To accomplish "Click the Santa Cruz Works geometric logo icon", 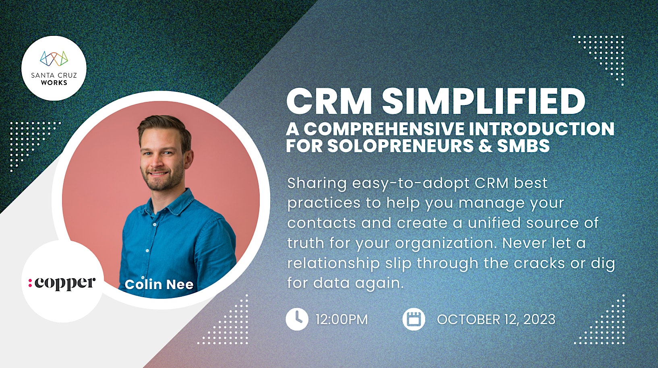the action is coord(54,58).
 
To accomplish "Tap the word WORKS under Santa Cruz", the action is coord(54,83).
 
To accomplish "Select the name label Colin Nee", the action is coord(159,284).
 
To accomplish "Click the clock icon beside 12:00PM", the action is coord(297,319).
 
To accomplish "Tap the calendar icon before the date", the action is coord(414,319).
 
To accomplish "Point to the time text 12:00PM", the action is coord(341,320).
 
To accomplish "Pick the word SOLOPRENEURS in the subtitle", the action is coord(400,145).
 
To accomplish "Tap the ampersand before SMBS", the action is coord(485,145).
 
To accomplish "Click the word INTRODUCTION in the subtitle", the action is coord(541,128).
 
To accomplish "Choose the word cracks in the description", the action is coord(539,263).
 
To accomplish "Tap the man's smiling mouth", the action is coord(158,174).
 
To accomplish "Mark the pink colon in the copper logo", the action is coord(30,283).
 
